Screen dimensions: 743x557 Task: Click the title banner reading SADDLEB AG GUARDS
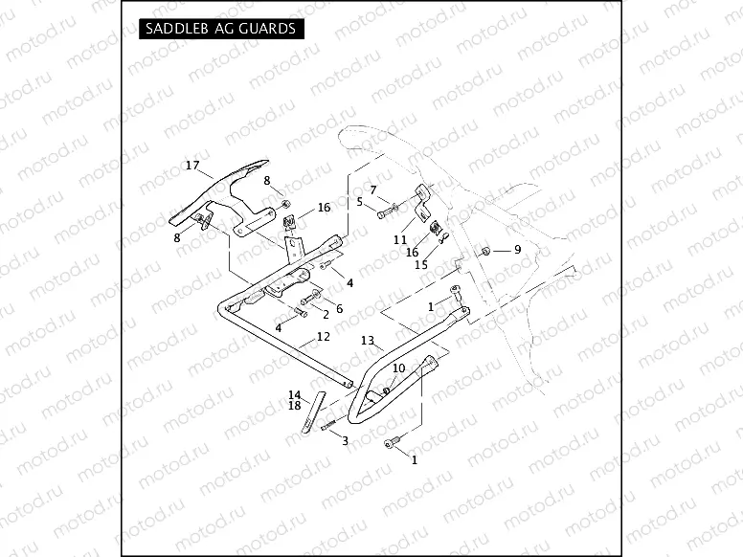coord(219,30)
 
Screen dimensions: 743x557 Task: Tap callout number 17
coord(192,167)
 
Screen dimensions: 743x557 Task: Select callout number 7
coord(373,189)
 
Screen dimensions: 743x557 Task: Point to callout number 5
coord(360,202)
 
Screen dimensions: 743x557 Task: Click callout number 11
coord(400,240)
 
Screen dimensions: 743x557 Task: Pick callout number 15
coord(421,265)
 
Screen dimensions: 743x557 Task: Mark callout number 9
coord(517,250)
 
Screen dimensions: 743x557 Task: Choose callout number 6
coord(338,309)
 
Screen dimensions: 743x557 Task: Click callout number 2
coord(326,314)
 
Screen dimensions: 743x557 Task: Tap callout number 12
coord(323,337)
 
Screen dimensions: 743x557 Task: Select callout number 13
coord(367,341)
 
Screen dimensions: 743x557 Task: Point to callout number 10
coord(398,368)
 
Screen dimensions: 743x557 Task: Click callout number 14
coord(295,394)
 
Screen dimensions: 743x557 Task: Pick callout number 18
coord(295,406)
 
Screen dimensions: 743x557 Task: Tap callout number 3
coord(345,440)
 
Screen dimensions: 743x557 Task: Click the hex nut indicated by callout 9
coord(486,250)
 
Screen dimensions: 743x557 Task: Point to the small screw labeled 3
coord(330,426)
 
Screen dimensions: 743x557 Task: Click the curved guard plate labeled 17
coord(215,196)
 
